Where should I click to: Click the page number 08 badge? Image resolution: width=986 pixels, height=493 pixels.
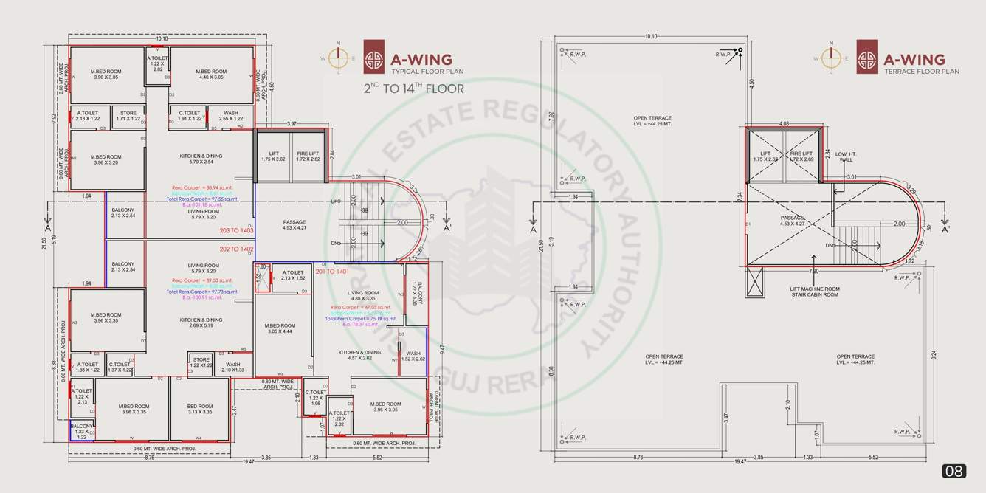pos(954,471)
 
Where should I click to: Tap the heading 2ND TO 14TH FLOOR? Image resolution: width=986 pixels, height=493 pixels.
pos(413,89)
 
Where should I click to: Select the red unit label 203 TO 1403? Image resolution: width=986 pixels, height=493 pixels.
pos(236,231)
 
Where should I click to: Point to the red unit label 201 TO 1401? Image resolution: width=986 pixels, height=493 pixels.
pos(331,272)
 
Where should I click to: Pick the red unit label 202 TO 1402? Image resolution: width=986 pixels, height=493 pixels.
pos(236,249)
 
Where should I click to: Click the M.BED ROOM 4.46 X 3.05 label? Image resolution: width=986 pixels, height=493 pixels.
pos(211,74)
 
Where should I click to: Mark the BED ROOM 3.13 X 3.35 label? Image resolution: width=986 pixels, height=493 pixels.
pos(199,409)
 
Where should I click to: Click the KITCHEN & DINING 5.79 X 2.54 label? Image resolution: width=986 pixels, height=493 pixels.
pos(201,159)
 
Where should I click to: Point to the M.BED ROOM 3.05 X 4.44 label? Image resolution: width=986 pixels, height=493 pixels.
pos(280,328)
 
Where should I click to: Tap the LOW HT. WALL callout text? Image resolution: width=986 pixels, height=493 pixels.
pos(846,156)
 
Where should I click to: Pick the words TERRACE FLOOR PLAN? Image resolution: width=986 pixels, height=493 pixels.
pos(922,72)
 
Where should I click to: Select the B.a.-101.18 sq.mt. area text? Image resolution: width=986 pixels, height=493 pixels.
pos(201,204)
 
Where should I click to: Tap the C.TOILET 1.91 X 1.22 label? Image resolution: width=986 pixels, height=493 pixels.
pos(185,116)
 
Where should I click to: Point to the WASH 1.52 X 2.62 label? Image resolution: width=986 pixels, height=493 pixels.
pos(413,356)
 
